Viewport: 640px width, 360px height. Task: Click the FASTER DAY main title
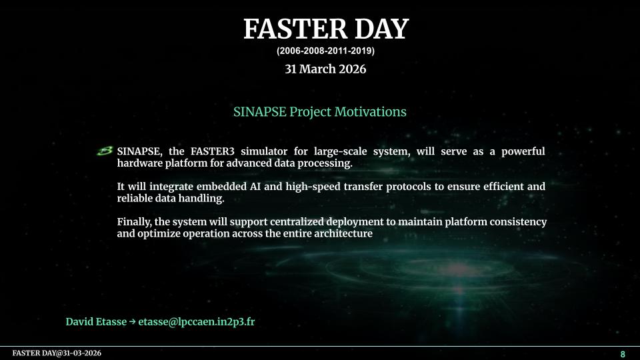pyautogui.click(x=326, y=29)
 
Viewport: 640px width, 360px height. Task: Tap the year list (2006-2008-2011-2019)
pyautogui.click(x=325, y=51)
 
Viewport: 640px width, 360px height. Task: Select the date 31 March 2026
pyautogui.click(x=325, y=69)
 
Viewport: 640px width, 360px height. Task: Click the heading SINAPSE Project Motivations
pyautogui.click(x=319, y=112)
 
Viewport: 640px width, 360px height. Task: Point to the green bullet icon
pyautogui.click(x=105, y=151)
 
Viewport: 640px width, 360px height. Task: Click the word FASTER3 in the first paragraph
pyautogui.click(x=212, y=151)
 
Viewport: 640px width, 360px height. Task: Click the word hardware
pyautogui.click(x=139, y=163)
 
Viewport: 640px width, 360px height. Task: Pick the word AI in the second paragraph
pyautogui.click(x=254, y=187)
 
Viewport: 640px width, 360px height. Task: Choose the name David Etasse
pyautogui.click(x=96, y=321)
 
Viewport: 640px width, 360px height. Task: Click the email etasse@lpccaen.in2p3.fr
pyautogui.click(x=196, y=322)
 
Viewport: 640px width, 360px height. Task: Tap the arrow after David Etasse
pyautogui.click(x=132, y=322)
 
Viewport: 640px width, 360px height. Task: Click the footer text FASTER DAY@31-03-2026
pyautogui.click(x=57, y=353)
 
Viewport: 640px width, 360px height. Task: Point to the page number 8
pyautogui.click(x=623, y=354)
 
